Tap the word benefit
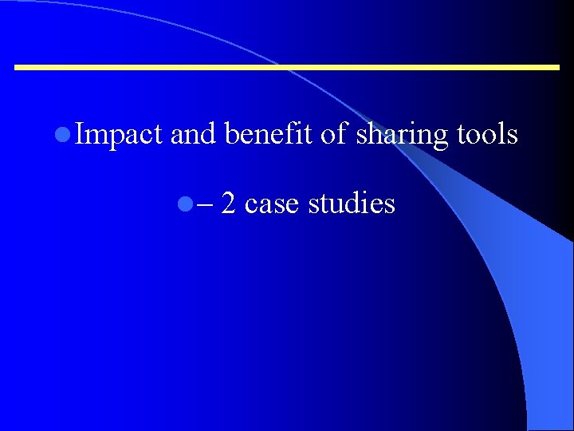tap(269, 135)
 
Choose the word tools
tap(487, 135)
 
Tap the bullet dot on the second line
tap(185, 205)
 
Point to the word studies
tap(352, 204)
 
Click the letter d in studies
tap(359, 204)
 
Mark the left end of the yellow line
tap(17, 68)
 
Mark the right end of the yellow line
tap(559, 68)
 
